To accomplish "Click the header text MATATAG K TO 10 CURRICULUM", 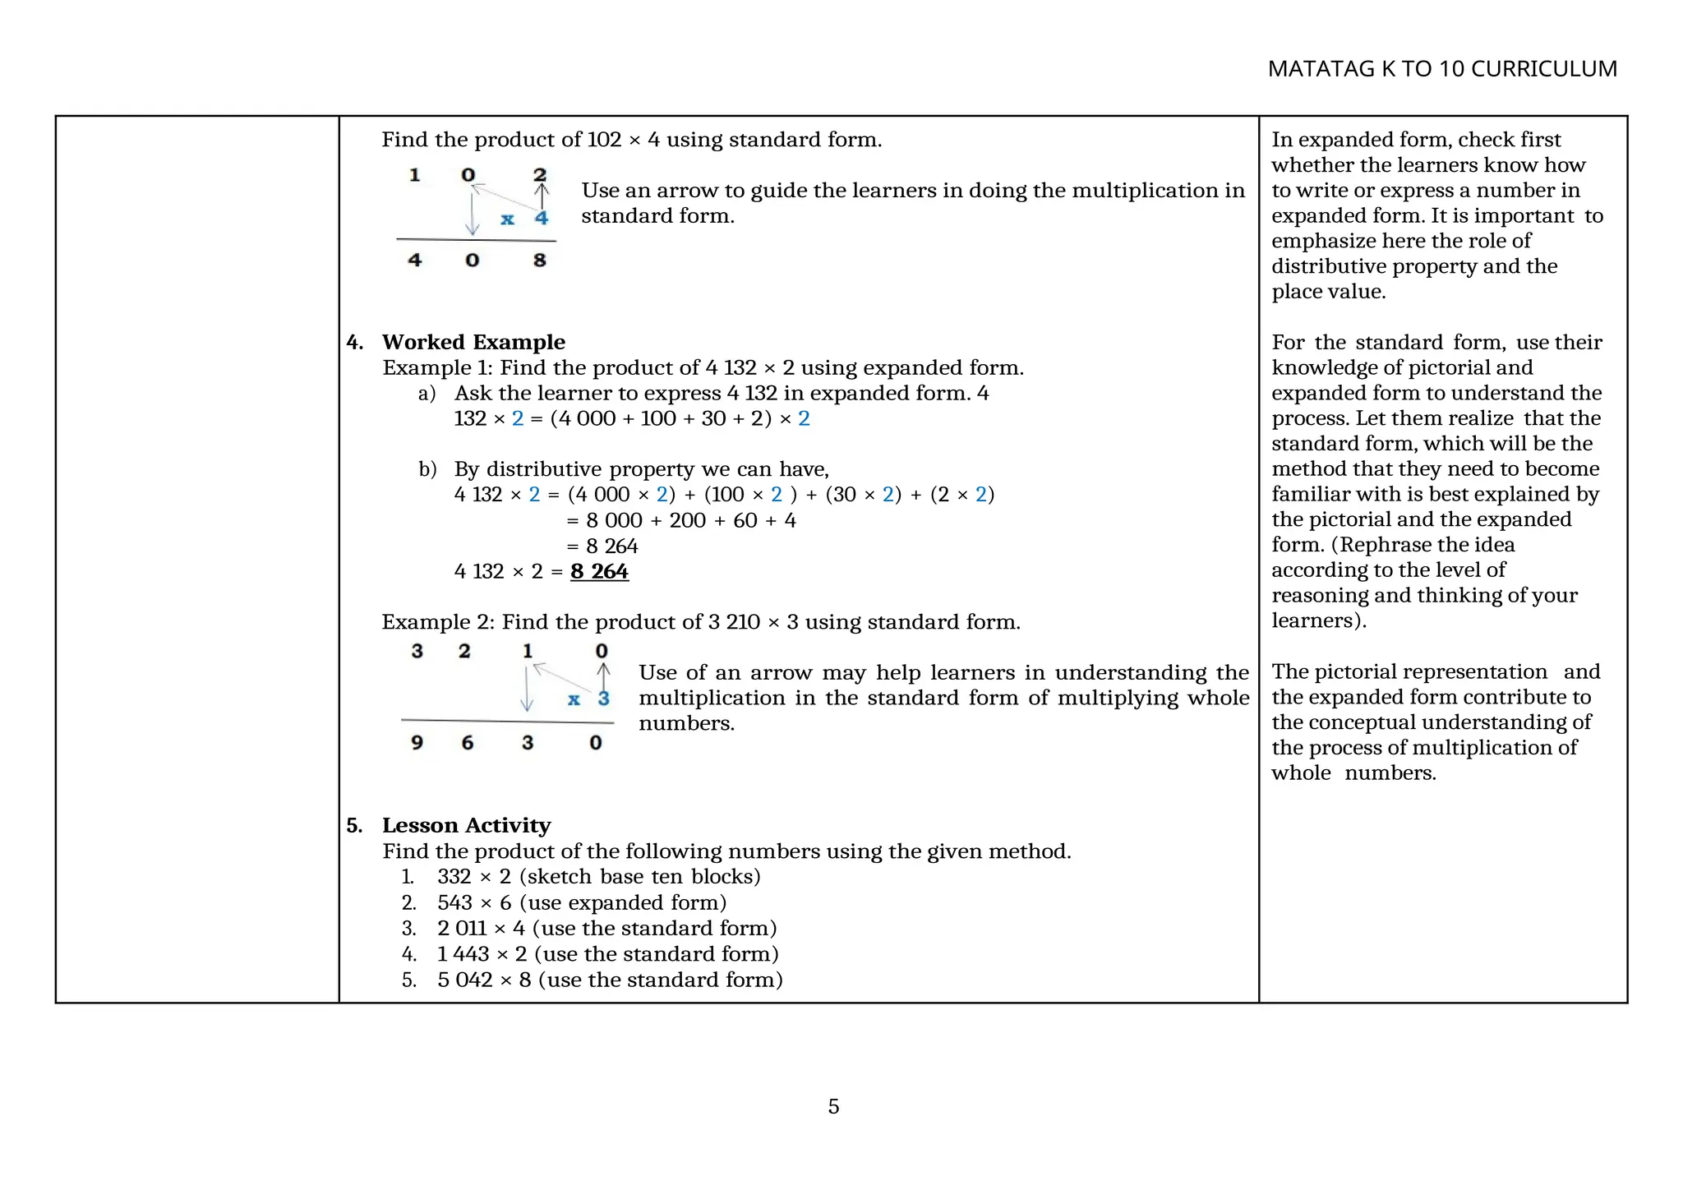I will pyautogui.click(x=1441, y=69).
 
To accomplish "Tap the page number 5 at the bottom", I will pyautogui.click(x=833, y=1106).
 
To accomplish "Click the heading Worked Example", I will pyautogui.click(x=473, y=342).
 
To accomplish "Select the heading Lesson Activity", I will pyautogui.click(x=466, y=825).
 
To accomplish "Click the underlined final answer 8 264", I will pyautogui.click(x=599, y=571).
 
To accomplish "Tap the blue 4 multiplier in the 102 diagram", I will pyautogui.click(x=541, y=219).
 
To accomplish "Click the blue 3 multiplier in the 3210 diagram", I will pyautogui.click(x=603, y=699).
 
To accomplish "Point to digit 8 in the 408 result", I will pyautogui.click(x=539, y=261).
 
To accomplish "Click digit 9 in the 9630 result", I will pyautogui.click(x=417, y=743).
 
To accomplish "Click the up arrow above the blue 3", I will pyautogui.click(x=603, y=676).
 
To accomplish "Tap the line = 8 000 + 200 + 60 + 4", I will pyautogui.click(x=681, y=520).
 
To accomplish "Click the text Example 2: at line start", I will pyautogui.click(x=436, y=622).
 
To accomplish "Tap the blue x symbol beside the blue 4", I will pyautogui.click(x=508, y=219).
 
